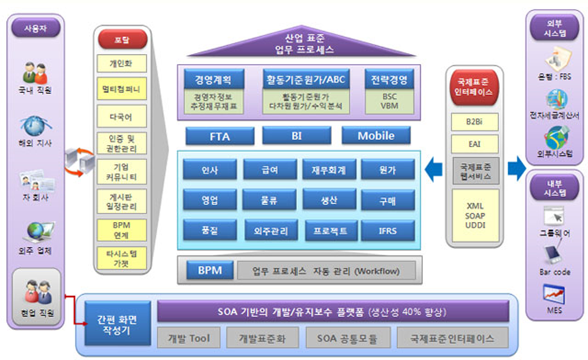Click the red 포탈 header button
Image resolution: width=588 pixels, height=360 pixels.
tap(122, 39)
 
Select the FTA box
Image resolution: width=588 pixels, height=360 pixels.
tap(219, 136)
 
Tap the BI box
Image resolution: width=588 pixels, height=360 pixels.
tap(297, 136)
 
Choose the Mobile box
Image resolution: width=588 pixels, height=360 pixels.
tap(376, 136)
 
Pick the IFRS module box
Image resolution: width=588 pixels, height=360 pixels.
tap(388, 230)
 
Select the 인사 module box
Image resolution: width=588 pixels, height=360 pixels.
tap(209, 169)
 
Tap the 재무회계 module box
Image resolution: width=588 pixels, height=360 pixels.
tap(329, 169)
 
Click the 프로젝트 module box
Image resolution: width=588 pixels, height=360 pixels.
tap(329, 230)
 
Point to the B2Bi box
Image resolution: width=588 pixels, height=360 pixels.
tap(475, 121)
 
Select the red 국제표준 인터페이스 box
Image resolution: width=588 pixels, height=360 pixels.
tap(475, 87)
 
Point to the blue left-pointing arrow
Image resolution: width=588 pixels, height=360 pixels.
tap(435, 167)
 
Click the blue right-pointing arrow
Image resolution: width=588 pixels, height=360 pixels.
tap(515, 167)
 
